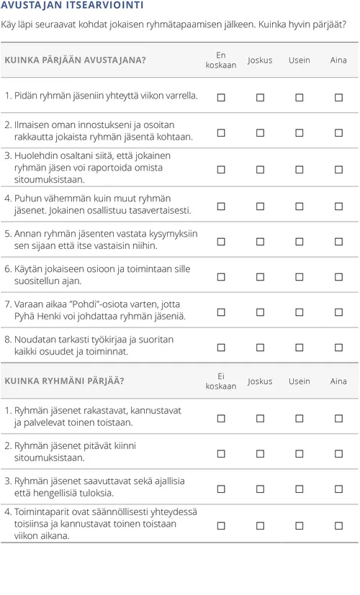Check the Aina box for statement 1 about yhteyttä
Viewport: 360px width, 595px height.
pyautogui.click(x=338, y=97)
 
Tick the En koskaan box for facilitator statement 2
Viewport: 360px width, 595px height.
pyautogui.click(x=221, y=132)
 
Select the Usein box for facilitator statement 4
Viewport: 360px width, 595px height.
pyautogui.click(x=300, y=206)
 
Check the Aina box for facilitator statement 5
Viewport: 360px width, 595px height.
pyautogui.click(x=338, y=241)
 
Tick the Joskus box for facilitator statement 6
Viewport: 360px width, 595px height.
pyautogui.click(x=260, y=276)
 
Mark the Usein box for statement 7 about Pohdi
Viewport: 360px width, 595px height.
pyautogui.click(x=300, y=312)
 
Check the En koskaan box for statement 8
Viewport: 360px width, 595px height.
pyautogui.click(x=221, y=347)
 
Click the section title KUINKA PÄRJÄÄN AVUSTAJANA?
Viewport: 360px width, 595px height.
pyautogui.click(x=75, y=60)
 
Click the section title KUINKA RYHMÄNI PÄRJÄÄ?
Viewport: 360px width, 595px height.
pyautogui.click(x=64, y=381)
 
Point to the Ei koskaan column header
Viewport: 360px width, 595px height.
pyautogui.click(x=221, y=381)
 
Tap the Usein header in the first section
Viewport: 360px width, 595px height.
pyautogui.click(x=300, y=60)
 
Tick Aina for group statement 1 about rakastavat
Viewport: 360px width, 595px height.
pyautogui.click(x=338, y=417)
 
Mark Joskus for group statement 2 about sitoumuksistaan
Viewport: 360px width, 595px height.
pyautogui.click(x=260, y=453)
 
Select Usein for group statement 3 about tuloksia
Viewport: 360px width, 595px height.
pyautogui.click(x=300, y=488)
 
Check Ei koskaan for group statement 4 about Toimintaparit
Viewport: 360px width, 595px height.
pyautogui.click(x=221, y=524)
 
